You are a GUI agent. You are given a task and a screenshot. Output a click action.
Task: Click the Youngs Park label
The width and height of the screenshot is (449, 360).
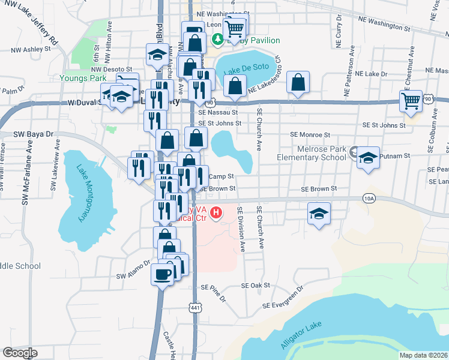83,78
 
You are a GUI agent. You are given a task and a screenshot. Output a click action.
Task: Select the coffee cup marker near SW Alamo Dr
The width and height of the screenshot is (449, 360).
163,274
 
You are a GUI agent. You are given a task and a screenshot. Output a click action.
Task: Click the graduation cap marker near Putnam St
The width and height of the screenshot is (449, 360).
367,158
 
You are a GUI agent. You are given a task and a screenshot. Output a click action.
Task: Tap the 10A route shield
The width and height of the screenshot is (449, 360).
369,197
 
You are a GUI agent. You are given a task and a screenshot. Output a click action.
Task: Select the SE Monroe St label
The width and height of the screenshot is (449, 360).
310,136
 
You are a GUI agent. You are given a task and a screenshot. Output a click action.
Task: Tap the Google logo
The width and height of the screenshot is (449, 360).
20,352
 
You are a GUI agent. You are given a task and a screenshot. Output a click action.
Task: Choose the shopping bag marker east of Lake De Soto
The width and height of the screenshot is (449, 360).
298,82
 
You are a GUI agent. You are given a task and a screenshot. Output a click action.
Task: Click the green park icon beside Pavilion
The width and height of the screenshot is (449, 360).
217,40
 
